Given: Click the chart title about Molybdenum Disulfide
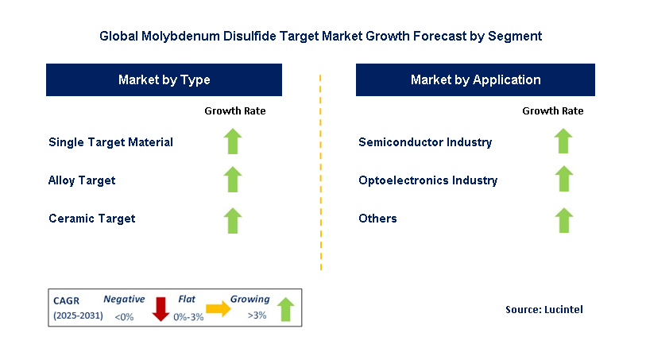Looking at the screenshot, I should click(x=321, y=36).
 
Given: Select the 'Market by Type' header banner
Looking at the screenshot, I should click(x=164, y=80).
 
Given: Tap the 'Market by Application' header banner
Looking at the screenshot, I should click(x=475, y=80).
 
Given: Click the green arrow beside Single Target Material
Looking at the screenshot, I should click(x=232, y=142).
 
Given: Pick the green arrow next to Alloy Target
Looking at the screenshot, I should click(x=232, y=180).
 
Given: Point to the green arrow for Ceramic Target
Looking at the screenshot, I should click(x=232, y=219).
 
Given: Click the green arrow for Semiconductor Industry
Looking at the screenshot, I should click(x=563, y=142).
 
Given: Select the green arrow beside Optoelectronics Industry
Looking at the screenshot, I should click(x=563, y=180).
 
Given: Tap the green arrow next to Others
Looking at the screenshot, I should click(x=563, y=219).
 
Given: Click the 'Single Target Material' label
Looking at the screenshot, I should click(x=110, y=142).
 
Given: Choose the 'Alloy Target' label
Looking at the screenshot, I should click(x=82, y=180).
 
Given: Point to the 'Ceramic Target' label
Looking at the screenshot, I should click(x=91, y=219).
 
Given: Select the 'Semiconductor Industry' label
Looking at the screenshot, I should click(x=425, y=142).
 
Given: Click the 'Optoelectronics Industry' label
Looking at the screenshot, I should click(x=427, y=180).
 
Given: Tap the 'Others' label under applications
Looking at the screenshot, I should click(x=377, y=219).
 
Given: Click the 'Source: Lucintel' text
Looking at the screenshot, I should click(x=543, y=309).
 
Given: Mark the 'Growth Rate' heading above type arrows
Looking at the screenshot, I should click(x=235, y=111).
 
